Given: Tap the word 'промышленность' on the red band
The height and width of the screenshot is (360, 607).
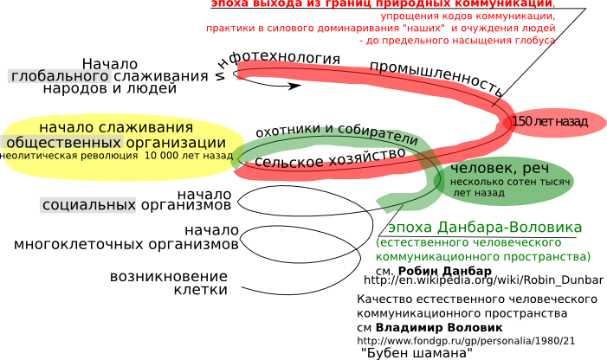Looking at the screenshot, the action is [x=436, y=79].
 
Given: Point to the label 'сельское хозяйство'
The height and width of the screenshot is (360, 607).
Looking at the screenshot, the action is [x=330, y=158].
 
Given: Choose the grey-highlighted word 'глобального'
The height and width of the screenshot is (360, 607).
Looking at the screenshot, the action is [x=59, y=76].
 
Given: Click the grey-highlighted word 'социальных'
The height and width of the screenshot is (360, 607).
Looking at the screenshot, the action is [x=88, y=205].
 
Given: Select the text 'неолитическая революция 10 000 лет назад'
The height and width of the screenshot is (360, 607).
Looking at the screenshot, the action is [x=115, y=157].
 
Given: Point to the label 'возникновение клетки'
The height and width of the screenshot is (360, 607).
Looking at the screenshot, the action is [x=170, y=283].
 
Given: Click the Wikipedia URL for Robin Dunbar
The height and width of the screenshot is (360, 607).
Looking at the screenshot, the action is [x=483, y=280].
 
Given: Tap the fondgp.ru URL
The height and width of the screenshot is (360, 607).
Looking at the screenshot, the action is [x=466, y=341].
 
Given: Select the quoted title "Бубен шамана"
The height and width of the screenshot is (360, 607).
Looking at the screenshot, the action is [x=416, y=353].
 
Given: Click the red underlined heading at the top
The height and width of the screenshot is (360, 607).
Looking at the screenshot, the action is [x=381, y=3].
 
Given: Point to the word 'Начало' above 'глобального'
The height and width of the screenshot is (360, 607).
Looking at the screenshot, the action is [x=110, y=63].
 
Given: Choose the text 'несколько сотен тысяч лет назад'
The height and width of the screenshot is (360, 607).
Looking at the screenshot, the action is [x=509, y=188].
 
